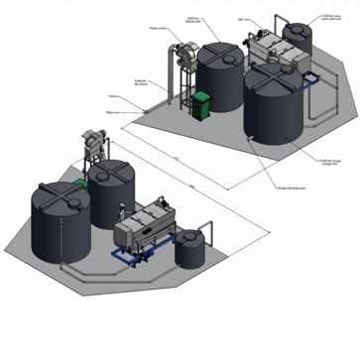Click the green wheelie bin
point(202,105)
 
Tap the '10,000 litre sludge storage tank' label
point(325,163)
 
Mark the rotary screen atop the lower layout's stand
point(96,145)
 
